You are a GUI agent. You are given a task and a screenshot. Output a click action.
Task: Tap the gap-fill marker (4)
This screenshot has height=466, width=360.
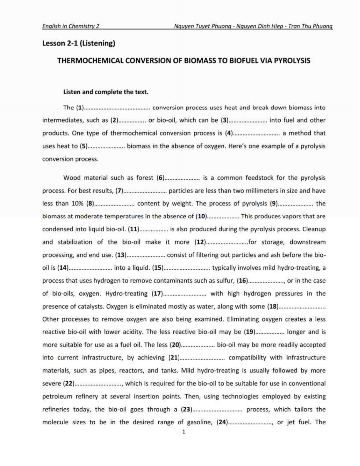tap(256, 133)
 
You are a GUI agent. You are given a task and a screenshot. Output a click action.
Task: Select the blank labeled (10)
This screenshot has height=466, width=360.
tap(223, 217)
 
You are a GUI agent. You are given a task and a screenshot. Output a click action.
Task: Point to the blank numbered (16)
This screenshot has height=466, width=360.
tap(266, 281)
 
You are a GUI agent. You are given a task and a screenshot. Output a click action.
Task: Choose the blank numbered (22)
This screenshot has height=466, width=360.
tap(98, 384)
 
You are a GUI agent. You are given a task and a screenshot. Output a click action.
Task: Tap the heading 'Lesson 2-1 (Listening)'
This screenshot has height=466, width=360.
tap(79, 44)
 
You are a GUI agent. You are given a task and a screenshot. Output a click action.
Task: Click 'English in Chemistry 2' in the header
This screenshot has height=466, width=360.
tap(71, 26)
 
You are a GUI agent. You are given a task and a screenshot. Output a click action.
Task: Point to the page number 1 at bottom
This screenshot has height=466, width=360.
tap(184, 432)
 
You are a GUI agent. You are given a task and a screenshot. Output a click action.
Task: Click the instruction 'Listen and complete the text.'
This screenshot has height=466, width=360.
tap(106, 92)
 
